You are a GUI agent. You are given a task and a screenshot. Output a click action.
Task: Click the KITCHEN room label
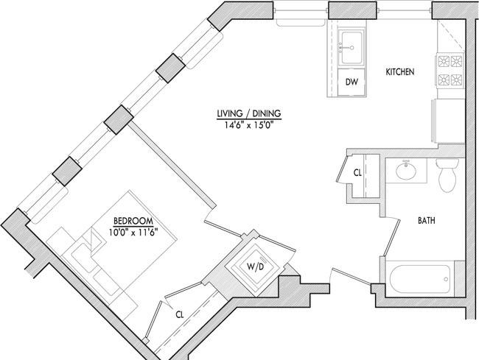(x=400, y=72)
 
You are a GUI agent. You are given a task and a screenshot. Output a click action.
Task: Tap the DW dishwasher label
(x=352, y=82)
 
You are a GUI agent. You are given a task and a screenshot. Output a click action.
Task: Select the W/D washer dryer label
(x=256, y=267)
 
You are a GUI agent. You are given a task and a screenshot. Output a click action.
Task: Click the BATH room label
(x=427, y=220)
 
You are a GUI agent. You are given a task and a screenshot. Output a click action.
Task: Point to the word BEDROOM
(x=133, y=221)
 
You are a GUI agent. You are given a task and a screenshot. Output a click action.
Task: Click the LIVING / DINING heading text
(x=249, y=113)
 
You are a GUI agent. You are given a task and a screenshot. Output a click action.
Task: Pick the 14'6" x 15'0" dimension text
(x=248, y=125)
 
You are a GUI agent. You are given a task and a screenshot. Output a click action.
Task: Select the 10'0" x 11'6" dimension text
(x=133, y=233)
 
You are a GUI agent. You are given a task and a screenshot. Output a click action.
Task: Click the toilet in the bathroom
(x=447, y=175)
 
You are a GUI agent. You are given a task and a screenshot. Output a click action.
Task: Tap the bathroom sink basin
(x=406, y=170)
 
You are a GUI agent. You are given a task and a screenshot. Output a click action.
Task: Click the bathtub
(x=420, y=279)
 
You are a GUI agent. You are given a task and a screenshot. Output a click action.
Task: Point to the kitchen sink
(x=352, y=47)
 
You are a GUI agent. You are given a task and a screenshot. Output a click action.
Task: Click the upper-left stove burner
(x=444, y=60)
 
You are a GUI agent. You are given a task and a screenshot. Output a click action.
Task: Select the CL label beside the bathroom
(x=357, y=173)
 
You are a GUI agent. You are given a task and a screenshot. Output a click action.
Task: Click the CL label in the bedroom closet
(x=180, y=314)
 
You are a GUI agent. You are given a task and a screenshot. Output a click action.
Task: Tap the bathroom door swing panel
(x=392, y=237)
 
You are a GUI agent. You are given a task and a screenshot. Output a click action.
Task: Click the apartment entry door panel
(x=351, y=278)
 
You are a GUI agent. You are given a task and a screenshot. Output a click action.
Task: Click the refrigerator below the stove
(x=448, y=121)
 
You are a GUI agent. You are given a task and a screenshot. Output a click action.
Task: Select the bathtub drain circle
(x=446, y=279)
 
